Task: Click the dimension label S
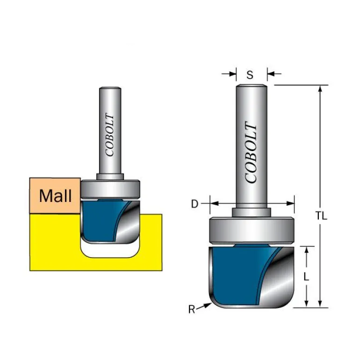[x=250, y=74]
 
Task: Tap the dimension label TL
[x=321, y=216]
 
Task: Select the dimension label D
[x=195, y=203]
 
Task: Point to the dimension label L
[x=306, y=276]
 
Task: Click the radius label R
[x=192, y=309]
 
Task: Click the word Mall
[x=55, y=195]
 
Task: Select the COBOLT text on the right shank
[x=251, y=153]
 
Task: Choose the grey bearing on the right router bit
[x=252, y=230]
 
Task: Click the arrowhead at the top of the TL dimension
[x=321, y=89]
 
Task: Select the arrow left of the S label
[x=230, y=74]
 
